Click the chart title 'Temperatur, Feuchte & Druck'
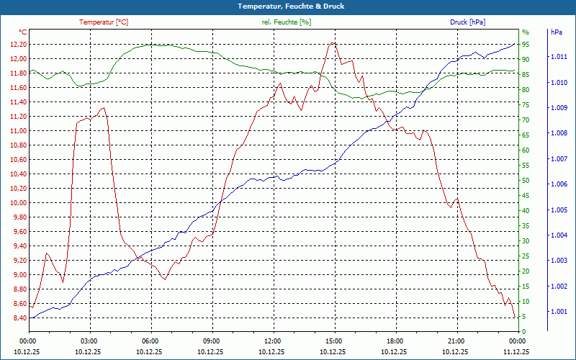click(291, 6)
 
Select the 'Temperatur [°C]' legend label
click(104, 22)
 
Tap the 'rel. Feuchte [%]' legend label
click(287, 22)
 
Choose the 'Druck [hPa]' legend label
click(467, 22)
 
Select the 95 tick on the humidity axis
click(526, 45)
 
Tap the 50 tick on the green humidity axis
click(526, 181)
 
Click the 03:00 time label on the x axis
click(89, 341)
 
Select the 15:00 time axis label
click(333, 341)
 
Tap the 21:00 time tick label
click(455, 341)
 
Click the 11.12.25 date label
click(516, 351)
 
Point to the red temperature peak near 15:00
click(333, 43)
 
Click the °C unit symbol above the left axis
click(23, 32)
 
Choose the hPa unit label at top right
click(556, 32)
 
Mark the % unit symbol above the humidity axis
click(526, 32)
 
